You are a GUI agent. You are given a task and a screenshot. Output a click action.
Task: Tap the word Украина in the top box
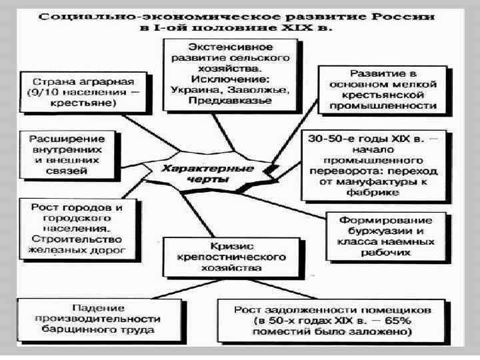coord(190,89)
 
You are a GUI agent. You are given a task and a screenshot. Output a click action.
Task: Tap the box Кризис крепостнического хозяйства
coord(228,255)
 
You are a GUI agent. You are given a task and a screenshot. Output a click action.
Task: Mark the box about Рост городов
coord(77,229)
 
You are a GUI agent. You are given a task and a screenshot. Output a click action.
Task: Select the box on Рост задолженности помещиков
coord(332,319)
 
